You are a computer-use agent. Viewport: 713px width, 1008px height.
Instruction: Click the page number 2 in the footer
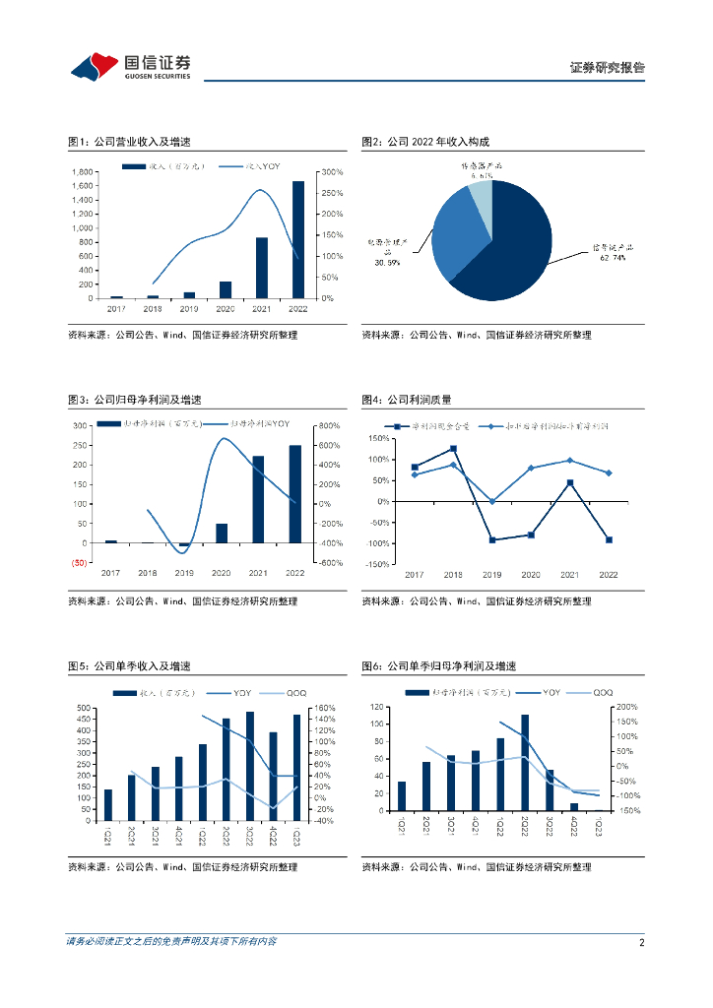click(x=641, y=943)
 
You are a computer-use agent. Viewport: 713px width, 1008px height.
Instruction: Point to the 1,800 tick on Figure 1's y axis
click(x=83, y=172)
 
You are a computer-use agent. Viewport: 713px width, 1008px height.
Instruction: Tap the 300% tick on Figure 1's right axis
click(x=332, y=172)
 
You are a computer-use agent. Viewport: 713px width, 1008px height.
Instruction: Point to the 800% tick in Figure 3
click(x=329, y=425)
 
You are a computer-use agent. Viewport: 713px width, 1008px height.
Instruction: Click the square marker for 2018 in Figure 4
click(x=453, y=449)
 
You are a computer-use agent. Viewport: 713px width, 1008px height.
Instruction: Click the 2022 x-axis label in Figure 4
click(x=609, y=574)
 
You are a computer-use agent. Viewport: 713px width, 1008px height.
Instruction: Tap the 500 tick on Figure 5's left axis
click(x=84, y=708)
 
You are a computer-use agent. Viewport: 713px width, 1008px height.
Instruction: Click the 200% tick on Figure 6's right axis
click(x=627, y=707)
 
